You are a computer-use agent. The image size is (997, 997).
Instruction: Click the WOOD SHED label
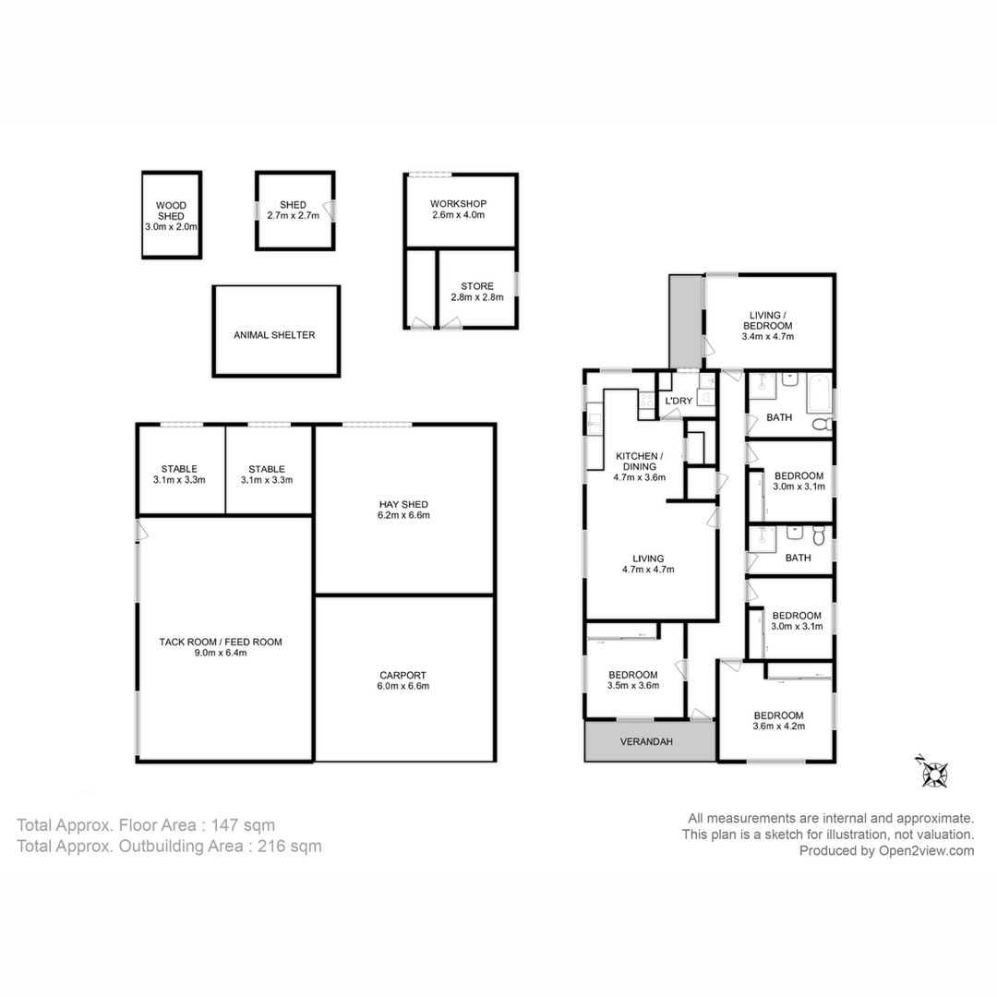click(171, 210)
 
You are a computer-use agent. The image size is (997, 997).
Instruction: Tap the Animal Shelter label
click(274, 335)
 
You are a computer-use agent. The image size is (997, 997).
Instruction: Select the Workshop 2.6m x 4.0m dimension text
click(458, 215)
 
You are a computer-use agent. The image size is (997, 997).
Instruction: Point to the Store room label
click(477, 286)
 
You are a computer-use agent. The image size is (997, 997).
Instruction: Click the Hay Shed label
click(403, 504)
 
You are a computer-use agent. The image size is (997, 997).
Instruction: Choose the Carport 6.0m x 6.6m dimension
click(402, 686)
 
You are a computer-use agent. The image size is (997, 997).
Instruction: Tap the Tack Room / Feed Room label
click(221, 643)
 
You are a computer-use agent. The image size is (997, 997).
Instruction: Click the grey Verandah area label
click(646, 741)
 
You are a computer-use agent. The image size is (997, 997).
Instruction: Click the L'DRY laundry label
click(678, 402)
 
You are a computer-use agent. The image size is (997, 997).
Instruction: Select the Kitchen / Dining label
click(639, 461)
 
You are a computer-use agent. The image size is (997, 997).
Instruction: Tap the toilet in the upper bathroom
click(823, 424)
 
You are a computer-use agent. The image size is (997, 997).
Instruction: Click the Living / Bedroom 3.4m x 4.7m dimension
click(767, 337)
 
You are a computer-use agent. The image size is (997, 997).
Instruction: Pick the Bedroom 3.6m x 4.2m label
click(778, 720)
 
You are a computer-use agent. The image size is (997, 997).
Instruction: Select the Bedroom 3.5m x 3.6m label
click(632, 680)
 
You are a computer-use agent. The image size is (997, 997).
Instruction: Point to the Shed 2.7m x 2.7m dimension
click(294, 215)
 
